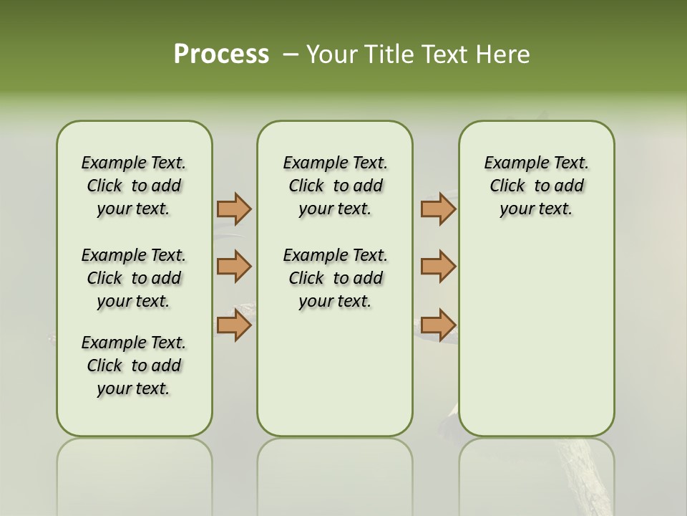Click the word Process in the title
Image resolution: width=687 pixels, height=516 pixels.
pyautogui.click(x=221, y=54)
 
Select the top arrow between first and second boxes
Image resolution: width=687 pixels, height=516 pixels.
pyautogui.click(x=234, y=209)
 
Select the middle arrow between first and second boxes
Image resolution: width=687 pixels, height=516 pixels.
pyautogui.click(x=234, y=267)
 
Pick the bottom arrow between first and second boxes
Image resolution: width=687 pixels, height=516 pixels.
pyautogui.click(x=234, y=325)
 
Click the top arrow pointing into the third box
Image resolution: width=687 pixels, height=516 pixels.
pyautogui.click(x=438, y=209)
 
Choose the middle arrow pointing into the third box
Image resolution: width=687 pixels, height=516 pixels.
pyautogui.click(x=438, y=267)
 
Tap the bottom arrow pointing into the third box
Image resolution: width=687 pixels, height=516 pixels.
pyautogui.click(x=438, y=325)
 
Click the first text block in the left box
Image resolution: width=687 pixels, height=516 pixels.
pyautogui.click(x=134, y=186)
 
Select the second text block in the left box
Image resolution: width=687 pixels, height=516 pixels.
pyautogui.click(x=134, y=278)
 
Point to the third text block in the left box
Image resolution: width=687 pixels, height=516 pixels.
pyautogui.click(x=134, y=365)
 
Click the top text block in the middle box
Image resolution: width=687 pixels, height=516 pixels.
pyautogui.click(x=335, y=186)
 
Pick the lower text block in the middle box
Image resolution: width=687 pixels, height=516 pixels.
pyautogui.click(x=335, y=278)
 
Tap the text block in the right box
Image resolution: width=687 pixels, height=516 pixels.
pyautogui.click(x=536, y=186)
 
